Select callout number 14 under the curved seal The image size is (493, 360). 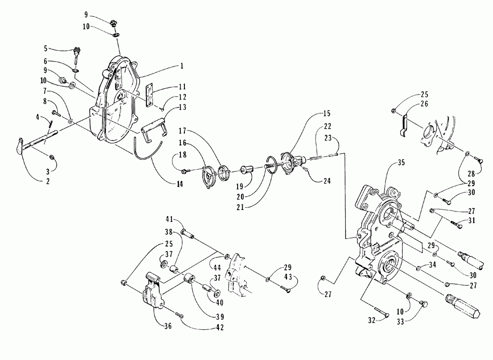click(x=179, y=184)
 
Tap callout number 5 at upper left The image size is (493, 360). click(x=46, y=48)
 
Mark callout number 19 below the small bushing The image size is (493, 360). click(x=240, y=186)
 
